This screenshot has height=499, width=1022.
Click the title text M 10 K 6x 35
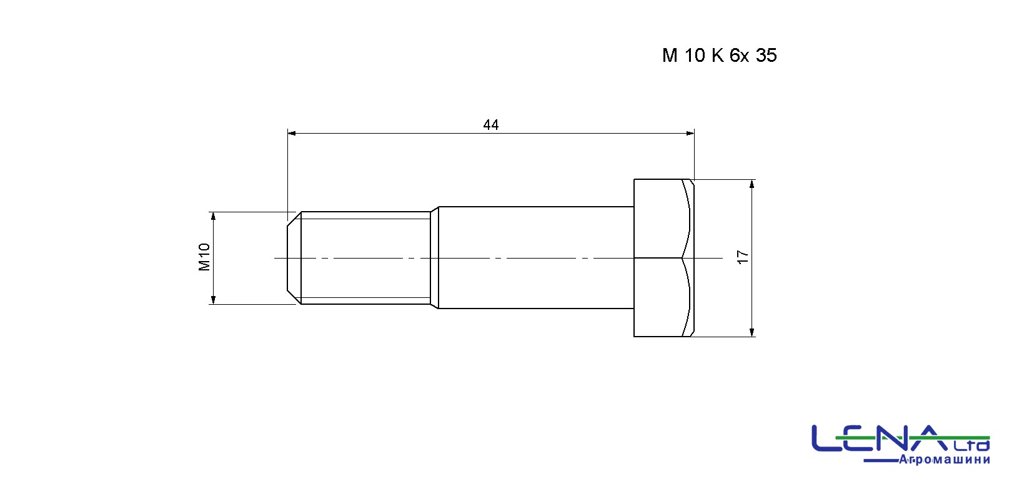[x=719, y=55]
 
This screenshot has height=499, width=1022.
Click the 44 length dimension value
[x=491, y=125]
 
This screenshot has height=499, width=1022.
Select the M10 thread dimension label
[x=204, y=257]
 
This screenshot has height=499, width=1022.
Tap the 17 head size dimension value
[x=743, y=257]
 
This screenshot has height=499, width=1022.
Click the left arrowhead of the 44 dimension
[x=292, y=133]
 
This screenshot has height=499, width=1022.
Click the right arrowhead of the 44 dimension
[x=690, y=133]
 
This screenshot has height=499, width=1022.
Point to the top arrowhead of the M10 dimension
[x=213, y=216]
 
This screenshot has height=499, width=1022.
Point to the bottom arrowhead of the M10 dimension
[x=213, y=300]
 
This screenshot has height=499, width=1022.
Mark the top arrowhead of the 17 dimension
[x=752, y=184]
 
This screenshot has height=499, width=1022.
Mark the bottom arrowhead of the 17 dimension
[x=752, y=332]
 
